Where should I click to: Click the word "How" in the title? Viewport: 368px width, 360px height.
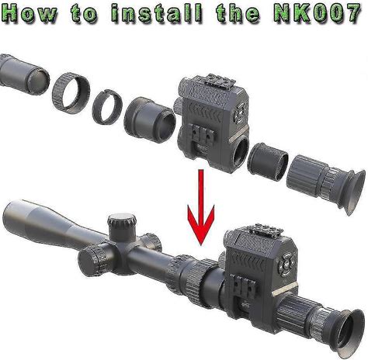[30, 12]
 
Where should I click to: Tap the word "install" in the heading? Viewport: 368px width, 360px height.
[157, 12]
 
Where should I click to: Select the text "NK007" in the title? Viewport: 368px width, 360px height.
[318, 12]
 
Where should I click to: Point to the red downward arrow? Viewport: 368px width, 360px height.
[201, 207]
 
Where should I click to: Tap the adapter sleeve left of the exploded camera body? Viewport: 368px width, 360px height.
[150, 119]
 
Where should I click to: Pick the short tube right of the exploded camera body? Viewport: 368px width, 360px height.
[268, 161]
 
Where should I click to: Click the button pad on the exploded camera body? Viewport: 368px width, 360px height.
[240, 113]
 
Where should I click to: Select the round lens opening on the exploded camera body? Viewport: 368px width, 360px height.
[241, 152]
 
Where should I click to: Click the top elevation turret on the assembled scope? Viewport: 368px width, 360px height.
[122, 226]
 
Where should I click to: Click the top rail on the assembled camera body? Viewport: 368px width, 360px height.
[266, 230]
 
